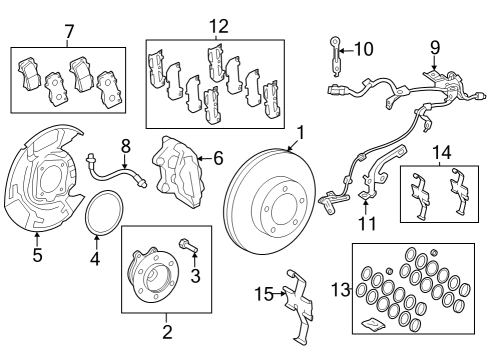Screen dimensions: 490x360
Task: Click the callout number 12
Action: pyautogui.click(x=219, y=26)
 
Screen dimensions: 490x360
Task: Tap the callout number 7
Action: pyautogui.click(x=69, y=32)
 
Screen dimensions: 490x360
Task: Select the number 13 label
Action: pyautogui.click(x=341, y=290)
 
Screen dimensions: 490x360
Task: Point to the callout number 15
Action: pyautogui.click(x=264, y=294)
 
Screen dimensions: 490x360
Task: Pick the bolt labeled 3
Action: pyautogui.click(x=188, y=246)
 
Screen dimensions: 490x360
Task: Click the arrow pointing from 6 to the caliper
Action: pyautogui.click(x=205, y=158)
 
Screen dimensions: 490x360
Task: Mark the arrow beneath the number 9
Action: pyautogui.click(x=434, y=63)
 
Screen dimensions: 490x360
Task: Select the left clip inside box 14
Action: pyautogui.click(x=420, y=196)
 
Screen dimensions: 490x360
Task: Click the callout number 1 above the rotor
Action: pyautogui.click(x=301, y=133)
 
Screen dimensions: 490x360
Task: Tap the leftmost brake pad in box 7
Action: pyautogui.click(x=28, y=74)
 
